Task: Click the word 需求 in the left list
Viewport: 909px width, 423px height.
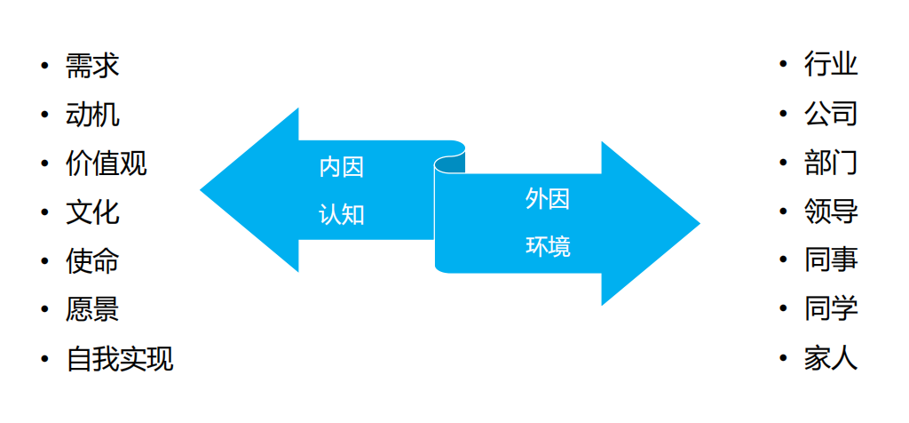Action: [x=92, y=66]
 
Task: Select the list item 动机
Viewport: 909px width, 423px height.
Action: [x=92, y=115]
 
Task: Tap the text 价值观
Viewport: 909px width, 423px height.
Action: [x=107, y=164]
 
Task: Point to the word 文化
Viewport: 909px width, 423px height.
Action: [x=92, y=213]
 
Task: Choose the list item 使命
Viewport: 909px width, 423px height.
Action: [x=92, y=261]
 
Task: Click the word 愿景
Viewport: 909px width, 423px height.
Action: [x=92, y=310]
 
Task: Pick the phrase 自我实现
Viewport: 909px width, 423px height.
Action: [x=120, y=359]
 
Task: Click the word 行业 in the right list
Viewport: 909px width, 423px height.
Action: [x=831, y=64]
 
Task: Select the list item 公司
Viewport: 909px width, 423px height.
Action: [x=831, y=114]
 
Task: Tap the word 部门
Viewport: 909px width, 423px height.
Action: [x=831, y=163]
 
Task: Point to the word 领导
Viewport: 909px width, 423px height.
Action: [x=831, y=211]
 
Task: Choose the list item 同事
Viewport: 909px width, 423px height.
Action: [x=831, y=260]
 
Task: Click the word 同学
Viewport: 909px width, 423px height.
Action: [x=831, y=309]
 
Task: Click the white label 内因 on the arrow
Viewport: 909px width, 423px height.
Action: [x=342, y=168]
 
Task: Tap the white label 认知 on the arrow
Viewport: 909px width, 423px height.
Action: [x=342, y=215]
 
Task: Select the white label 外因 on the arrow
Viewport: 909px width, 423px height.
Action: [x=548, y=200]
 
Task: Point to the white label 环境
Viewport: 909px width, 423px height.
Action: [x=548, y=247]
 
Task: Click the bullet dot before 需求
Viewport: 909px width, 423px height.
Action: [x=44, y=66]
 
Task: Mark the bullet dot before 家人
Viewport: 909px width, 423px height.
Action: [x=783, y=358]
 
